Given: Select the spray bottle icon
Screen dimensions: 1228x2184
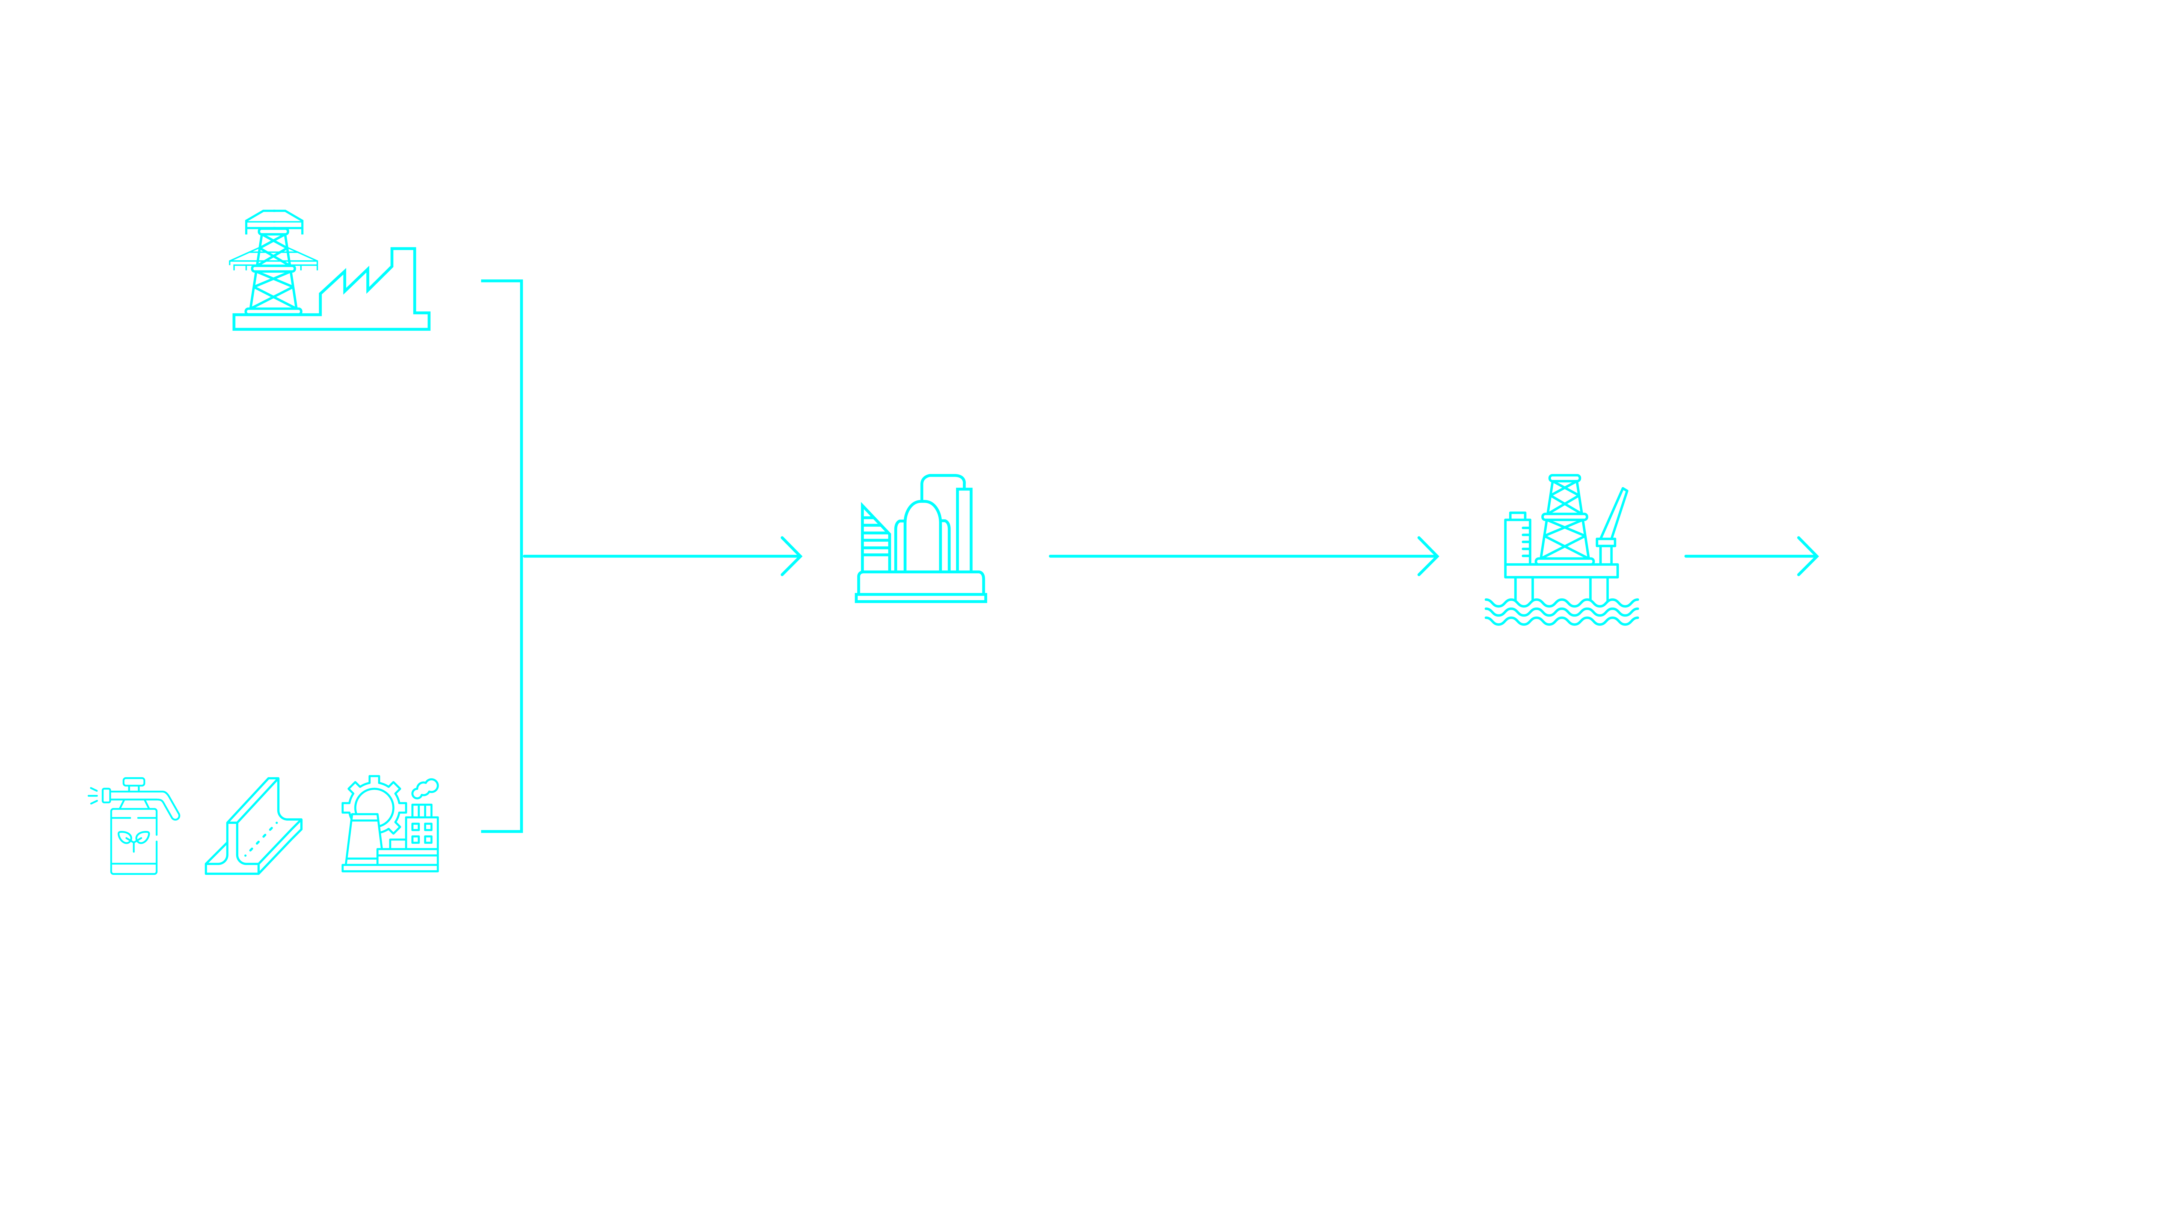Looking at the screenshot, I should pos(134,826).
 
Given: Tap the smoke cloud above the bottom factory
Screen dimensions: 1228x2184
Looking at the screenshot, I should pos(426,788).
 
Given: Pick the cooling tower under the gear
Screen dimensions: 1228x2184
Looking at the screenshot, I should pos(363,839).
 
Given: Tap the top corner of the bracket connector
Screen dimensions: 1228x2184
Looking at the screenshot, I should pos(521,281).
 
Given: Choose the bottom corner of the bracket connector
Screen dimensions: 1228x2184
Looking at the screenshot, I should pos(521,831).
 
